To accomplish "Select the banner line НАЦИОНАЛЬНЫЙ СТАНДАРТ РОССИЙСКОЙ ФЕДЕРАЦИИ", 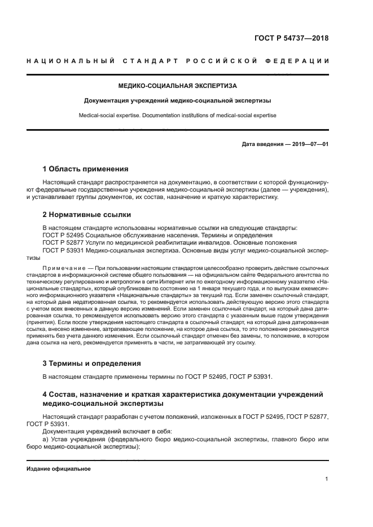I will tap(178, 61).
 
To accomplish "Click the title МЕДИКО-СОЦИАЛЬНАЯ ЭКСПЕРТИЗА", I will tap(178, 86).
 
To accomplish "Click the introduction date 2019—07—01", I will tap(310, 144).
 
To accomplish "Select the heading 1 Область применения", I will tap(85, 169).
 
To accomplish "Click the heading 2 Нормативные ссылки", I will tap(87, 214).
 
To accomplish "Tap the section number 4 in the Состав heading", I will tap(45, 393).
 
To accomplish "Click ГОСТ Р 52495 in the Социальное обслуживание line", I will tap(64, 235).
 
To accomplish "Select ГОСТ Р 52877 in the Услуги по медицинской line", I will tap(64, 242).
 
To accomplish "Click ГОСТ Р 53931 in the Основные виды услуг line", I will tap(64, 250).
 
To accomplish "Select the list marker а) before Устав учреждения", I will tap(46, 439).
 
